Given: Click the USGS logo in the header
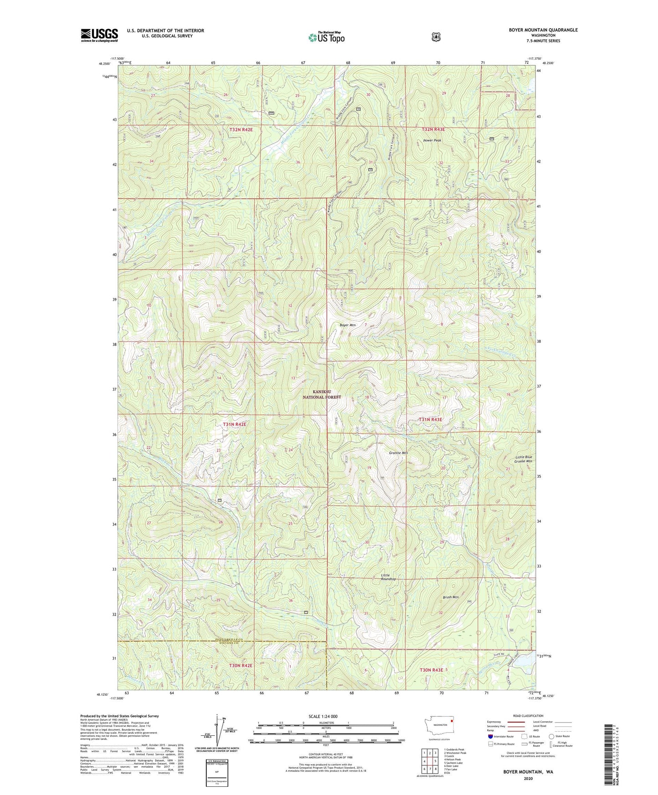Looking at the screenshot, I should [99, 35].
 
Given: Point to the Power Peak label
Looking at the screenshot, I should [432, 141].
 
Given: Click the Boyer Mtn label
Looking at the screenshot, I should [348, 325].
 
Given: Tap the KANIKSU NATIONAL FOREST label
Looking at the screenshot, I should [322, 394].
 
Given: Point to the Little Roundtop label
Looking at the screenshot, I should [388, 577].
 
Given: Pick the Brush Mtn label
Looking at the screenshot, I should [450, 597].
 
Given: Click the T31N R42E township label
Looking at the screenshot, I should [235, 424].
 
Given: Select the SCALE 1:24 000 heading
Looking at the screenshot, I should [323, 716].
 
